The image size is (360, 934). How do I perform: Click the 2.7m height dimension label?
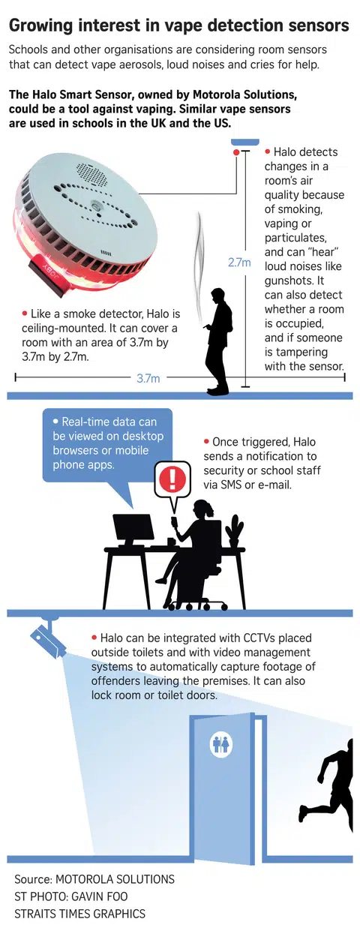[x=239, y=263]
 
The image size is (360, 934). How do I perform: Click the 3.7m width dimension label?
[x=148, y=378]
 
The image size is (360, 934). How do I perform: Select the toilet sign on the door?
[x=220, y=744]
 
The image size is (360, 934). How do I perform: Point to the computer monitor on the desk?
[x=133, y=530]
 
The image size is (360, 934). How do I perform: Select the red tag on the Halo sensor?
[x=47, y=277]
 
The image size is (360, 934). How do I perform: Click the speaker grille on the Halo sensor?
[x=93, y=174]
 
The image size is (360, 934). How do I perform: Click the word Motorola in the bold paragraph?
[x=216, y=95]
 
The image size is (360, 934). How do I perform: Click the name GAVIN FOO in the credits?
[x=100, y=896]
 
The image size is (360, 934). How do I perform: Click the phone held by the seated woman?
[x=174, y=521]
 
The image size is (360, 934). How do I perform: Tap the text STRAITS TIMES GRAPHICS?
[x=80, y=914]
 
